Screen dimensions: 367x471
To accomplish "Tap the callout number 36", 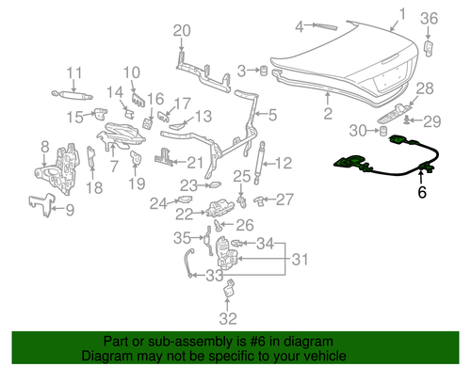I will pos(429,18).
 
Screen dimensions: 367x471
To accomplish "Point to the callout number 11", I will pos(73,72).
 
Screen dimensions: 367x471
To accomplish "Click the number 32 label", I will pos(225,317).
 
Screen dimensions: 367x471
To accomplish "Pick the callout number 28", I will pos(424,88).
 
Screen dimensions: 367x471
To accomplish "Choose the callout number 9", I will pos(68,209).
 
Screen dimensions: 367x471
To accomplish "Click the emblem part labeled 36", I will pos(430,47).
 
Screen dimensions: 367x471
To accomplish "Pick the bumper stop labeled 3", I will pos(265,71).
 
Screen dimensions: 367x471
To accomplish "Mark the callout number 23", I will pos(189,184).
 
